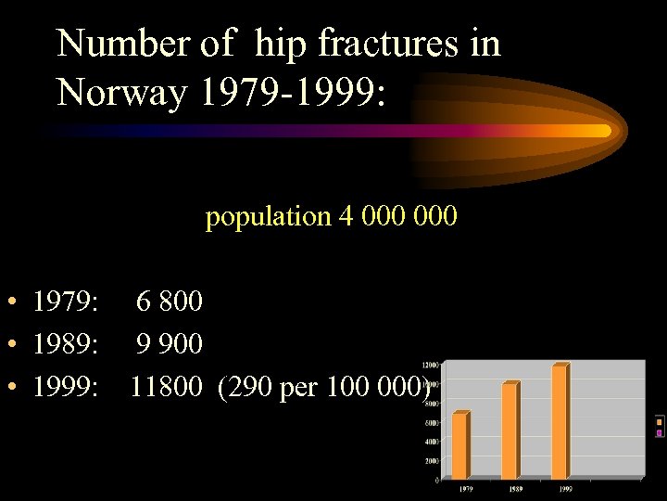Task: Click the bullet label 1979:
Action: (66, 302)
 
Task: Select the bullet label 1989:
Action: (66, 344)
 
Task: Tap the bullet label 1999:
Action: (66, 387)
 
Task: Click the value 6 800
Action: (170, 302)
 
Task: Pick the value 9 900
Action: (170, 344)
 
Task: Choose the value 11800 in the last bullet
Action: (165, 387)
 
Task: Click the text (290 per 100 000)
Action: (324, 387)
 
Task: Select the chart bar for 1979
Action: (460, 445)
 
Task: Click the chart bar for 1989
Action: (510, 430)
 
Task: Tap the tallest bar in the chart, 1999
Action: (560, 421)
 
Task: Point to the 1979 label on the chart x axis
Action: (459, 487)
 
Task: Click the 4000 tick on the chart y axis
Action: (433, 442)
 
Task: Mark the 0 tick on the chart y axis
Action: (436, 480)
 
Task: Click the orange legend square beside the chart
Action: (659, 422)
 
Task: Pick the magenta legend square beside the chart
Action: (659, 432)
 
